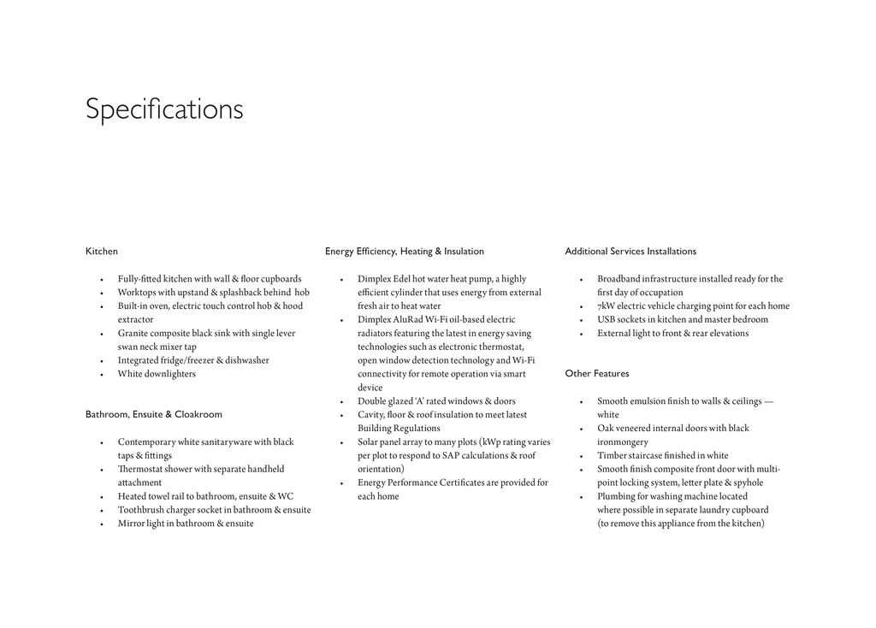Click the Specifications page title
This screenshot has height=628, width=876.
(x=164, y=110)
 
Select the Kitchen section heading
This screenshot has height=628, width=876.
(x=102, y=252)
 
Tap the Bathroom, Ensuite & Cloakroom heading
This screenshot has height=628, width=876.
(x=154, y=415)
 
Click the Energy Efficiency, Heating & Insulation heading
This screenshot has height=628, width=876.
(x=405, y=252)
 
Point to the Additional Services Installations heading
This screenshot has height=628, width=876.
(x=630, y=252)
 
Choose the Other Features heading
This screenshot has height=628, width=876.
(x=597, y=374)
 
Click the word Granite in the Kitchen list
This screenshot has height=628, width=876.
(x=133, y=334)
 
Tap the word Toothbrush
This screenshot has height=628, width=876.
(x=140, y=510)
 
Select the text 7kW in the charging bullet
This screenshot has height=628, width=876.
(x=606, y=306)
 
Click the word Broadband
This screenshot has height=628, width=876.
(x=619, y=279)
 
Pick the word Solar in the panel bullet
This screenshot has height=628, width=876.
(x=368, y=442)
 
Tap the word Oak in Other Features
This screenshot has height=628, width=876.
(x=605, y=429)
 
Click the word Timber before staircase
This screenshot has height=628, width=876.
(x=612, y=456)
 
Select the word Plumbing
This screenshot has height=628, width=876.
(x=616, y=496)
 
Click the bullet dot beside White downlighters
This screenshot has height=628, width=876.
(x=102, y=375)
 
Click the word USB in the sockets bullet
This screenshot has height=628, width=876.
(x=607, y=320)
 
